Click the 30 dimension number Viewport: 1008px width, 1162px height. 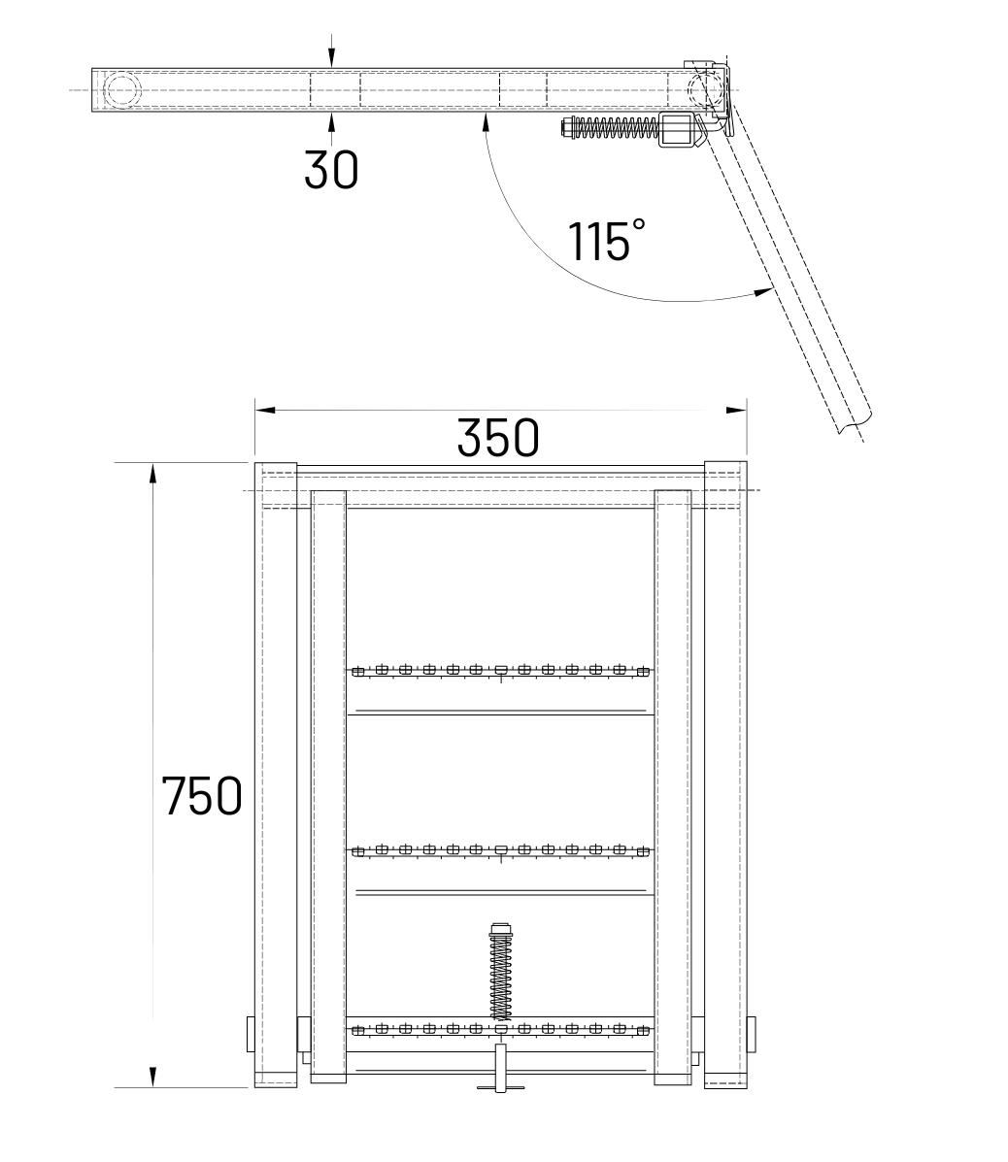(x=331, y=170)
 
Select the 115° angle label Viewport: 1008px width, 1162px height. (x=606, y=240)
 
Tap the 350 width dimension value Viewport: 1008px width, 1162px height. (x=498, y=438)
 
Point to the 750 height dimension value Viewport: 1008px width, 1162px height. (x=202, y=796)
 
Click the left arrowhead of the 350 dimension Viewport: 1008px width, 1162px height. (x=265, y=410)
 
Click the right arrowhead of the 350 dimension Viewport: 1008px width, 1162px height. (x=736, y=410)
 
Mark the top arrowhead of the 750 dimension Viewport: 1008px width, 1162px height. (x=152, y=474)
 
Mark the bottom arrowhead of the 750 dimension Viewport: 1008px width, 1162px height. (x=152, y=1078)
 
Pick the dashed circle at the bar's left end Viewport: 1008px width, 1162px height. (x=120, y=90)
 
